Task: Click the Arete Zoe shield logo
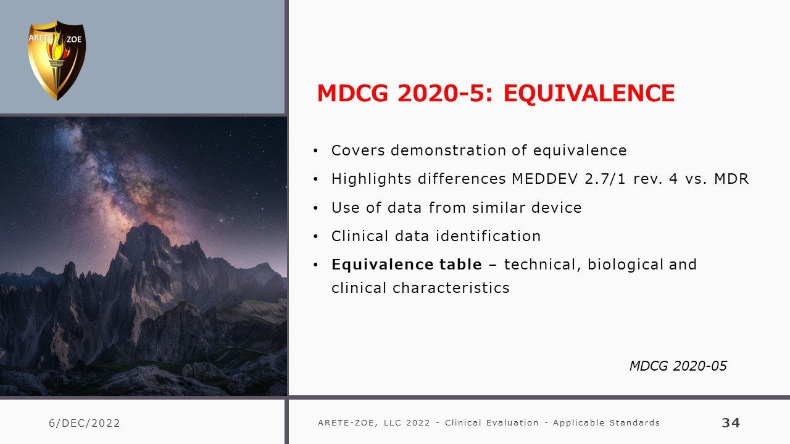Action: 57,60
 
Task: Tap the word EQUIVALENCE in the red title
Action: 589,93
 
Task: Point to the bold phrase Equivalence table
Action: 407,265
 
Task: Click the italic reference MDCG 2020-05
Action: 678,366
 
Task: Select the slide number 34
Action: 731,422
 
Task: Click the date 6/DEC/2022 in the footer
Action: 85,423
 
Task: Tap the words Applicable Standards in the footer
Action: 606,422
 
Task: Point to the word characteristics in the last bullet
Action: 451,288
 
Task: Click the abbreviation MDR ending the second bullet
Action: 731,179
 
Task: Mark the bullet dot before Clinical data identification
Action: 315,237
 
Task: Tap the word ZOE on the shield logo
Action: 74,39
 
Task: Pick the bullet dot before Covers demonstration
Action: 315,151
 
